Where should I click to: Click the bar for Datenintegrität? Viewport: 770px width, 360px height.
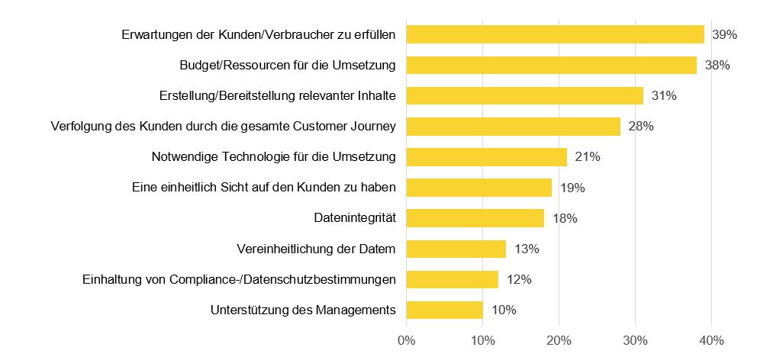(475, 218)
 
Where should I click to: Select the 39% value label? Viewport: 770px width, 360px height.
(724, 34)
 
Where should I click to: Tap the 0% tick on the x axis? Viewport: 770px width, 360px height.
(406, 339)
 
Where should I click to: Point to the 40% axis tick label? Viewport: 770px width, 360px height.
(712, 339)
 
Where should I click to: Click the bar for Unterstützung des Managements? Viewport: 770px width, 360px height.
(444, 310)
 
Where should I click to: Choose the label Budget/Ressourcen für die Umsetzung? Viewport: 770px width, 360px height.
(287, 65)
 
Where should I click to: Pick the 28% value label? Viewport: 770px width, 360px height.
(640, 127)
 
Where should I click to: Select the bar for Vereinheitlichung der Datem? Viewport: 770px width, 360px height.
(456, 249)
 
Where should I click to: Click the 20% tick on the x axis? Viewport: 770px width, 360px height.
(559, 339)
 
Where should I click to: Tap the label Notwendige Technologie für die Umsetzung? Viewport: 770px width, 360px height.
(274, 157)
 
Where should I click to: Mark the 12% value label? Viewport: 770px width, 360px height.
(518, 279)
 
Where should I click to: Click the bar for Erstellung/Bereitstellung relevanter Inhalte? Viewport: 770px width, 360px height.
(524, 96)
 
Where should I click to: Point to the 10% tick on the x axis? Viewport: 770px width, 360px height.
(482, 339)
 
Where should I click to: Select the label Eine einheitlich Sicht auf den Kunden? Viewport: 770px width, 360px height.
(264, 188)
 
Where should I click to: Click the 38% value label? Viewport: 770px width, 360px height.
(717, 65)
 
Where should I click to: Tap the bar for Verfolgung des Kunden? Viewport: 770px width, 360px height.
(513, 127)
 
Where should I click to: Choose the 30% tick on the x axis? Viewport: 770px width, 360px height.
(635, 339)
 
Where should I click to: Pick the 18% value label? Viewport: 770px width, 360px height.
(564, 218)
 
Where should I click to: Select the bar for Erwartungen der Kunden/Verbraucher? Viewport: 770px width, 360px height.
(555, 34)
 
